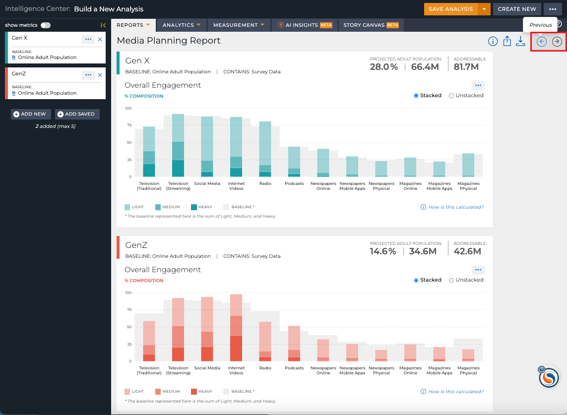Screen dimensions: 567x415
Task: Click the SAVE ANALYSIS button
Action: pos(450,9)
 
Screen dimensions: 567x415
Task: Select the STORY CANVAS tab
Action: pos(371,25)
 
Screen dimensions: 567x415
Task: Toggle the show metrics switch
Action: pos(46,25)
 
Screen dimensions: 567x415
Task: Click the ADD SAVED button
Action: pos(77,114)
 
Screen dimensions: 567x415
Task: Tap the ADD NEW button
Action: pos(31,114)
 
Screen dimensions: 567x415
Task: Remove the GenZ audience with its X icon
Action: pos(100,75)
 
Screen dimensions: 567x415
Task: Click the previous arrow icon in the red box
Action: pos(541,42)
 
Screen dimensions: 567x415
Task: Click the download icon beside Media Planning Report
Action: pos(520,41)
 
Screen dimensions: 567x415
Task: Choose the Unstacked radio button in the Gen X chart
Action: pos(451,96)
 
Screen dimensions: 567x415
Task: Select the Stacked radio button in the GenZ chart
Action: pos(416,280)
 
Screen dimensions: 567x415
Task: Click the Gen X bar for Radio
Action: pos(265,149)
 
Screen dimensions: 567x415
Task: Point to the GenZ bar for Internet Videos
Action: pos(236,328)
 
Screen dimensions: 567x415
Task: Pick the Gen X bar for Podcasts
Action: pos(294,162)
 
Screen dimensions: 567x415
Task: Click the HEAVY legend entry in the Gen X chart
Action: pos(202,207)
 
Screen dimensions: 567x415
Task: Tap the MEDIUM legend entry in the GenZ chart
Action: pos(168,392)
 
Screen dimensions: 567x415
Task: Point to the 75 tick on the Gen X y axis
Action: pos(129,125)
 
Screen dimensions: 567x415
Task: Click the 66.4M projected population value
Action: pos(425,67)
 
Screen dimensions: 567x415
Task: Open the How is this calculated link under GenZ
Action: pos(452,392)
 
